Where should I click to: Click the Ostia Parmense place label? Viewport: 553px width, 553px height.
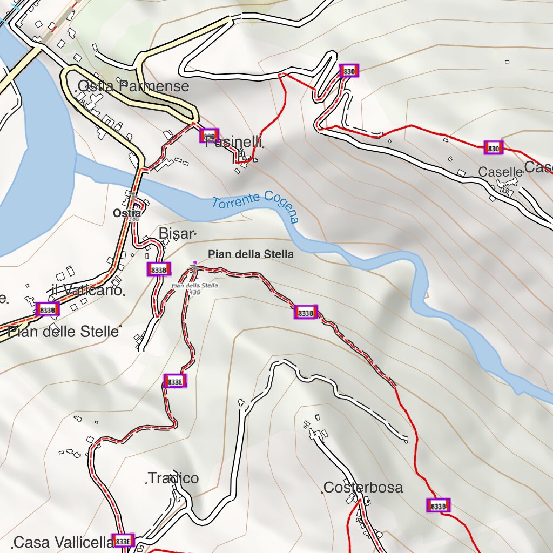pos(133,86)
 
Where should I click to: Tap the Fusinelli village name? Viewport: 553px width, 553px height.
pos(234,143)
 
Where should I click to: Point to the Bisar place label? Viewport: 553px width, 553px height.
pos(176,233)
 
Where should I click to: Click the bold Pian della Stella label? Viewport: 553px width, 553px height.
pos(251,254)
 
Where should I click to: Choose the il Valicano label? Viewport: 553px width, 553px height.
pos(87,290)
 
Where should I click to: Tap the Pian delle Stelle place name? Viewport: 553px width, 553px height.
pos(63,331)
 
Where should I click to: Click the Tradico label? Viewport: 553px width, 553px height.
pos(173,478)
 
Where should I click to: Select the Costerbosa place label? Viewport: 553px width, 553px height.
pos(363,488)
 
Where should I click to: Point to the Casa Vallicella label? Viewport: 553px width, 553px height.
pos(63,543)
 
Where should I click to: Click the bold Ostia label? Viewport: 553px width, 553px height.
pos(127,213)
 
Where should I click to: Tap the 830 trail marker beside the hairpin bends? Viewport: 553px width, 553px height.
pos(349,71)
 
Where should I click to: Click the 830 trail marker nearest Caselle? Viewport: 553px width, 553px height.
pos(493,147)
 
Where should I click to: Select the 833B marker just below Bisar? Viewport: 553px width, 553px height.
pos(159,269)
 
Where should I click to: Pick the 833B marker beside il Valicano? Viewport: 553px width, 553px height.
pos(48,309)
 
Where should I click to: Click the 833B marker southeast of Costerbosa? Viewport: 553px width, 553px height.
pos(438,505)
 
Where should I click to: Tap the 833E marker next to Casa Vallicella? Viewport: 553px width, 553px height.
pos(123,541)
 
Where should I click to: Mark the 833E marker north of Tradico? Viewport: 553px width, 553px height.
pos(175,381)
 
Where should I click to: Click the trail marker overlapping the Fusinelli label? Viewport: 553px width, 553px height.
pos(209,135)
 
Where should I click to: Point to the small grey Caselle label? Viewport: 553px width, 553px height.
pos(501,172)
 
